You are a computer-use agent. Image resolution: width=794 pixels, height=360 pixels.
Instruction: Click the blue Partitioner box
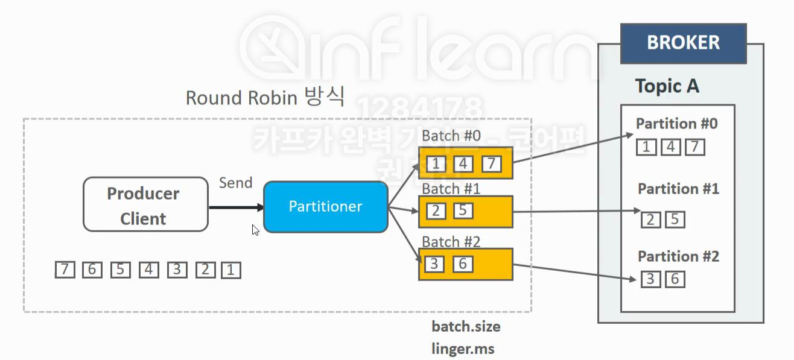325,207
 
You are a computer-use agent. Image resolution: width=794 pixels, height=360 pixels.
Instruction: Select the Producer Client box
145,205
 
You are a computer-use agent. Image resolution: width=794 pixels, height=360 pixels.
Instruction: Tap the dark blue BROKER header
683,43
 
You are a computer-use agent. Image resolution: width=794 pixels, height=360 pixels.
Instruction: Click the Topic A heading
667,86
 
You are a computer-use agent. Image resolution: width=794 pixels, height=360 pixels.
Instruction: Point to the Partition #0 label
676,124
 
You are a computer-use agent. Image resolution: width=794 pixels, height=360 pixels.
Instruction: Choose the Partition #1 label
678,189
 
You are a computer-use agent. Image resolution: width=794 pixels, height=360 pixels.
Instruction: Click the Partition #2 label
678,256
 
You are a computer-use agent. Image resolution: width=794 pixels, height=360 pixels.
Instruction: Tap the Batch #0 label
451,136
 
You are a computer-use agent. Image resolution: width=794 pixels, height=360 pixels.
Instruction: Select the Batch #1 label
451,189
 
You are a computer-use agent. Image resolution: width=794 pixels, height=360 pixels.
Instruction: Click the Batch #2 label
451,242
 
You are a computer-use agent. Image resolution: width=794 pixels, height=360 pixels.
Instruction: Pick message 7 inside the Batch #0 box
492,163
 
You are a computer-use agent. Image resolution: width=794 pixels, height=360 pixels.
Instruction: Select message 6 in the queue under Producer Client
92,269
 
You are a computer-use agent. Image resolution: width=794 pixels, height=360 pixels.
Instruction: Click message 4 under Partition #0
670,147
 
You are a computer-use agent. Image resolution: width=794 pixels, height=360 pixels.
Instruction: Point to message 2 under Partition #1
650,219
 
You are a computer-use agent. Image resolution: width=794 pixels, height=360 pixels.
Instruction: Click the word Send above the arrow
235,183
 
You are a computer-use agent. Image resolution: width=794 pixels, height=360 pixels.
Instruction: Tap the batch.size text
466,327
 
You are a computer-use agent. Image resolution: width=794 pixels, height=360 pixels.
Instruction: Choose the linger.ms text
463,349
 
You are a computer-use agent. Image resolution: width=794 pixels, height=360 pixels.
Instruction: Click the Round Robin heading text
265,98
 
